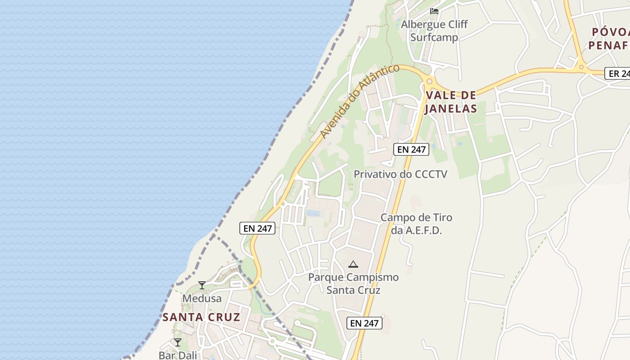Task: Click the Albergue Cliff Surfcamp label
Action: coord(435,31)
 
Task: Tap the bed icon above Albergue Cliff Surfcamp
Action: coord(434,11)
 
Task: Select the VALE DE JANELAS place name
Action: coord(450,102)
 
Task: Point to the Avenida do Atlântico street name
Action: coord(360,101)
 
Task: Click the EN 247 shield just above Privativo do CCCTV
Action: coord(411,149)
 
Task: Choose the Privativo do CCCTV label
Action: coord(400,174)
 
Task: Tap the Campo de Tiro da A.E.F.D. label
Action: coord(416,224)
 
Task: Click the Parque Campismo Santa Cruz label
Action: coord(353,283)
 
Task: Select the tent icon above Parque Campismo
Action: coord(353,264)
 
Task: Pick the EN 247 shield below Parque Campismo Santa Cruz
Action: coord(364,323)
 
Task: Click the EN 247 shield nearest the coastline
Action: coord(257,228)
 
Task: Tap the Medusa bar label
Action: coord(202,298)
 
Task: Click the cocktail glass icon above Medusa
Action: coord(202,285)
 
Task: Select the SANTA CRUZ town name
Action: coord(201,317)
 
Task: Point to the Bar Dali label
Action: coord(178,355)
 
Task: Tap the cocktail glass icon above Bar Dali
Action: coord(178,342)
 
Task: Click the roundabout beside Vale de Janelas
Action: coord(429,81)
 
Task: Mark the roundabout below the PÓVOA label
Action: coord(581,67)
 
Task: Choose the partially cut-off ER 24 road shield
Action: coord(619,73)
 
